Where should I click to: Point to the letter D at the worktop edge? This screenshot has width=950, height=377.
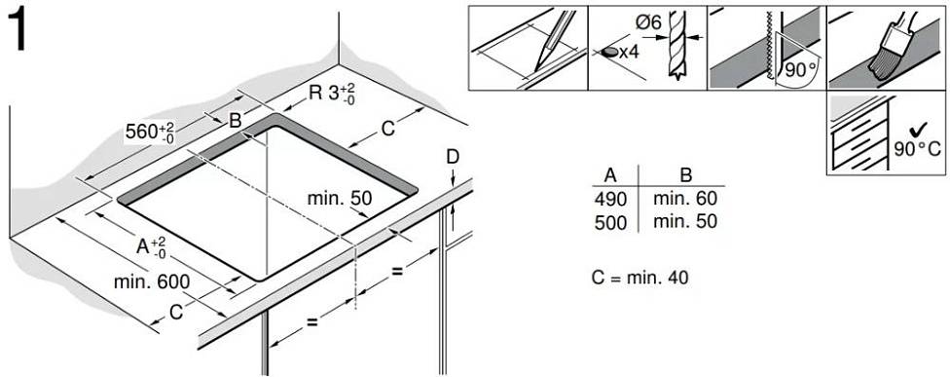tap(453, 157)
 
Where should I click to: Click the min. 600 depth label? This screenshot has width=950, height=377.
tap(152, 282)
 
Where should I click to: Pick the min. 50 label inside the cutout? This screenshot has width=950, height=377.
tap(340, 198)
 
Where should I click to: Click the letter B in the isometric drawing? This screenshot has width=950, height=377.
tap(236, 121)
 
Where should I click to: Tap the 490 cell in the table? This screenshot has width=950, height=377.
tap(610, 198)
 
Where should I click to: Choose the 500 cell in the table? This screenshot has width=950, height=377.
tap(610, 222)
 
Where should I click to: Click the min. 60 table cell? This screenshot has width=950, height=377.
tap(685, 198)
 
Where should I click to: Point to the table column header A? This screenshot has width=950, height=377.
tap(610, 175)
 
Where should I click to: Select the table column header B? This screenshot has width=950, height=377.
tap(686, 175)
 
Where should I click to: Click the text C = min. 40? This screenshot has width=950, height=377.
tap(640, 278)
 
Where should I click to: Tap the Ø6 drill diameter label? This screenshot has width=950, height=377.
tap(647, 23)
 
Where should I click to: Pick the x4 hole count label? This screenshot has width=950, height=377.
tap(629, 53)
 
